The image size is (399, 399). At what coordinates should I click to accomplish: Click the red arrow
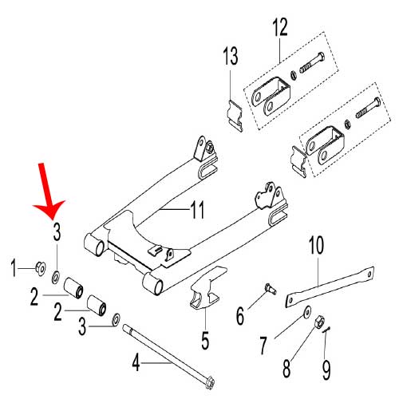pos(48,192)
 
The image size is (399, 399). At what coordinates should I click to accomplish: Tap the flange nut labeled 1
pos(41,268)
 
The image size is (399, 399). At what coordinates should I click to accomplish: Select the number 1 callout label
pos(14,268)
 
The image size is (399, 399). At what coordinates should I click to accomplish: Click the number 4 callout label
pos(136,362)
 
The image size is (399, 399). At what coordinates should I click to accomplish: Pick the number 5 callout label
pos(205,340)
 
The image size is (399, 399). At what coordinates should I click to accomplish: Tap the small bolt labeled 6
pos(271,289)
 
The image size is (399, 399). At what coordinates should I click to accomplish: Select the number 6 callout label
pos(240,315)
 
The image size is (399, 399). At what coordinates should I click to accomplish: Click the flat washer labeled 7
pos(307,311)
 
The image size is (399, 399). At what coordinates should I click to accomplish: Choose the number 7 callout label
pos(263,346)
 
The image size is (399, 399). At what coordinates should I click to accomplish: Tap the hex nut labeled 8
pos(319,322)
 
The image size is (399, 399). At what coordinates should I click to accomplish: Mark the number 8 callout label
pos(286,368)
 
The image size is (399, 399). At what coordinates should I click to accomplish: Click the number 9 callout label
pos(326,370)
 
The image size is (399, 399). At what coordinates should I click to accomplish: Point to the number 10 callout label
pos(316,245)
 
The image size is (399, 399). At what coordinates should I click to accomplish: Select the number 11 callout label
pos(197,210)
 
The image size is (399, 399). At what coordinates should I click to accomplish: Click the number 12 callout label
pos(280,26)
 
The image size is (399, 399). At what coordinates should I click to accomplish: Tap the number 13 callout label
pos(230,56)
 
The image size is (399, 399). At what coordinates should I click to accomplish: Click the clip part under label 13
pos(235,116)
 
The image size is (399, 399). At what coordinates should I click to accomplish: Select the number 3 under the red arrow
pos(57,231)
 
